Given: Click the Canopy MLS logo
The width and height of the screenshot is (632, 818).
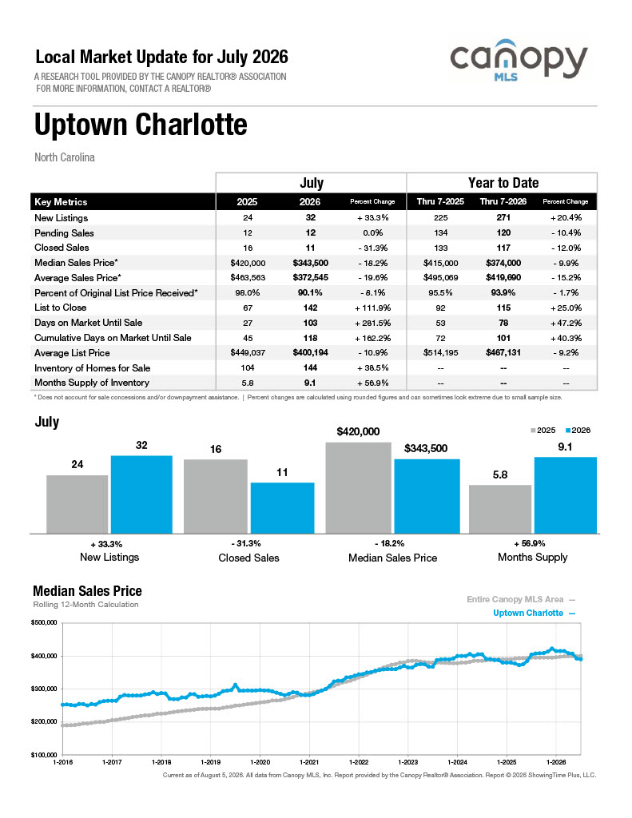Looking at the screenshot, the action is coord(519,60).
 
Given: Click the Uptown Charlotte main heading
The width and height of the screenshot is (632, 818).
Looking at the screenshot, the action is coord(141,125).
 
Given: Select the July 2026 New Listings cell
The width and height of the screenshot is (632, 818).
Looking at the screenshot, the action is coord(310,217).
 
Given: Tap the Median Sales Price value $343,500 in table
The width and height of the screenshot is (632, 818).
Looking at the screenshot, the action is coord(310,263).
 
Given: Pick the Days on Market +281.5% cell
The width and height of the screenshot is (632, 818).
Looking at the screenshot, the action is coord(372,323).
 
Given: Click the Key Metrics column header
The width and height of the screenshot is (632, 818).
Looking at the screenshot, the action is coord(61,202).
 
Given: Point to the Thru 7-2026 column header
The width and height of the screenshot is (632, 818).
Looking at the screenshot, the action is coord(503,201).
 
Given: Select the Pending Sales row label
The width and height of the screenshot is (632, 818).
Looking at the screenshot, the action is coord(64,232).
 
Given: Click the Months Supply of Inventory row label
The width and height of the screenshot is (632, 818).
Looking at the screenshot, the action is coord(92,383).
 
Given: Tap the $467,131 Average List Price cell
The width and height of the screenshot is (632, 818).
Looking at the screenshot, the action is coord(503,352).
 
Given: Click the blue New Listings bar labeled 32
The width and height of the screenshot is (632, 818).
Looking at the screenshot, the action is coord(141,494).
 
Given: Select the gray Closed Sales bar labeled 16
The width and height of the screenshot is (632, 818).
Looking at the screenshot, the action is coord(216,496).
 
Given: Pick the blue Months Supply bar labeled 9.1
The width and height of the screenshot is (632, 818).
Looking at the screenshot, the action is coord(565,495).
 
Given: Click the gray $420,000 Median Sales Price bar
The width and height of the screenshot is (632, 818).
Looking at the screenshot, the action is coord(358,488).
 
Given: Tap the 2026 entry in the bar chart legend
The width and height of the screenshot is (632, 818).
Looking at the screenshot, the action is coord(578,431).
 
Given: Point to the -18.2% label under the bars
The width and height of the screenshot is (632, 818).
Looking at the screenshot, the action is coord(389,543).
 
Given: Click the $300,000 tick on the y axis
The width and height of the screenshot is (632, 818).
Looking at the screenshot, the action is coord(45,689).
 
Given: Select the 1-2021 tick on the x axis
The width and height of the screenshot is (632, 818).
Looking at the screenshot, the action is coord(309,762).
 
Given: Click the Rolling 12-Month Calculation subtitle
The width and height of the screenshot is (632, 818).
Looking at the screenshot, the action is coord(85,605).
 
